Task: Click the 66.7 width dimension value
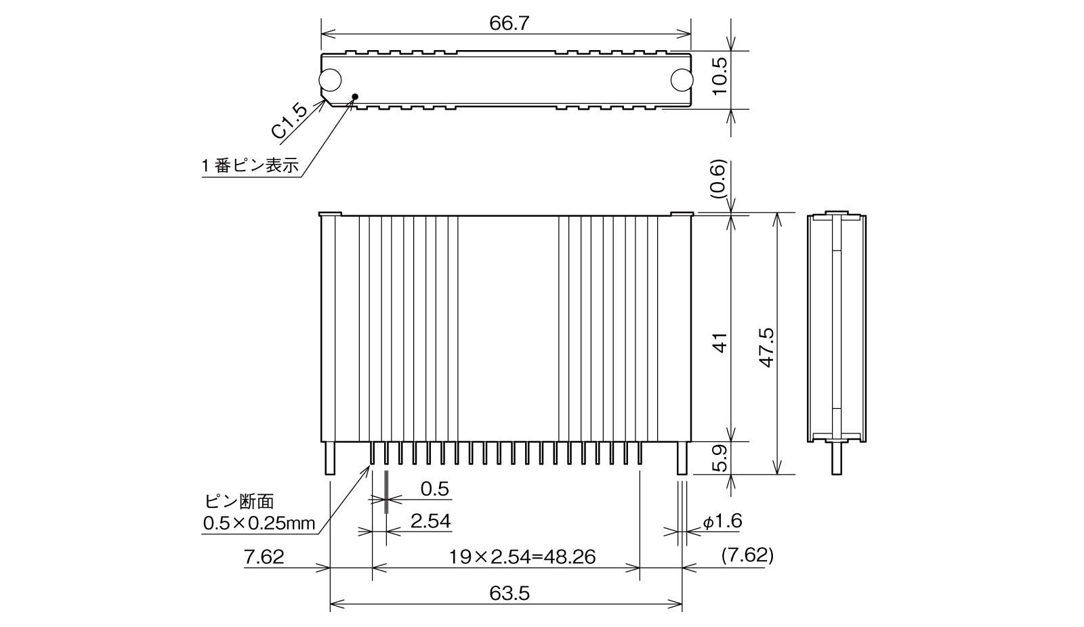509,23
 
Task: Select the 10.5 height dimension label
720,77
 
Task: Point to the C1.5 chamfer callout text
289,121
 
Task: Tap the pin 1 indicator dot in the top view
355,96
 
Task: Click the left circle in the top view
330,80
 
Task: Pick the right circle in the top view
682,80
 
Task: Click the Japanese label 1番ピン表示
250,166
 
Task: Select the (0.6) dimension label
720,179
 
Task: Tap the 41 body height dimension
721,343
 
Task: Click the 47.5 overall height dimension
766,347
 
